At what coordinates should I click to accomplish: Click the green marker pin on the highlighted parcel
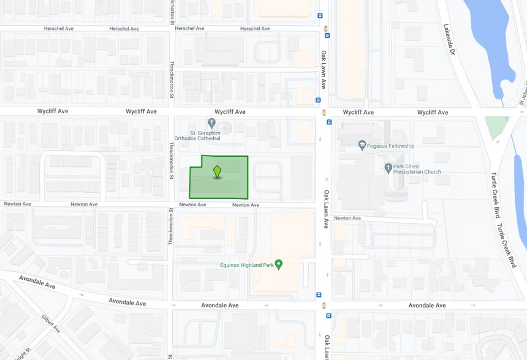[x=217, y=171]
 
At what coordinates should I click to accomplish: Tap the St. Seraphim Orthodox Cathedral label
[x=205, y=135]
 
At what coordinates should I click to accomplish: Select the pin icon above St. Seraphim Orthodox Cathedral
[x=212, y=124]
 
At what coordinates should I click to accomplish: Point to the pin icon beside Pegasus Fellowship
[x=362, y=146]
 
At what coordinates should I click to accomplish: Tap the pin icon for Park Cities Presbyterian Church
[x=389, y=168]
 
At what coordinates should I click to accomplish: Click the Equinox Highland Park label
[x=247, y=265]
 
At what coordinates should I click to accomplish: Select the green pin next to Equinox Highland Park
[x=279, y=264]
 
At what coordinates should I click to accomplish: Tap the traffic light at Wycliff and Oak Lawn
[x=325, y=113]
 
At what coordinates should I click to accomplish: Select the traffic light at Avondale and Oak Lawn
[x=325, y=305]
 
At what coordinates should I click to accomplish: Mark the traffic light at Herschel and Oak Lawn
[x=327, y=28]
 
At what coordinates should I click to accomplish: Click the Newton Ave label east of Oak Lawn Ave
[x=347, y=218]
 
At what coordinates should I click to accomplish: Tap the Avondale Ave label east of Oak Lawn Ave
[x=427, y=305]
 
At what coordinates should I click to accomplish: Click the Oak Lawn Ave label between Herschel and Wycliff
[x=323, y=70]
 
